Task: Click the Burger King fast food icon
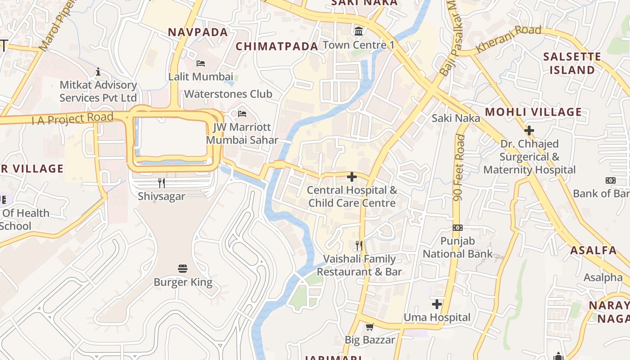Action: pyautogui.click(x=183, y=269)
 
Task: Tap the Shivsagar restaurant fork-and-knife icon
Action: pyautogui.click(x=162, y=183)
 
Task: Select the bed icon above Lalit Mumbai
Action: pyautogui.click(x=201, y=63)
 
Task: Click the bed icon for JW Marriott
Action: pyautogui.click(x=242, y=113)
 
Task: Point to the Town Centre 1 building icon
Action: pyautogui.click(x=359, y=31)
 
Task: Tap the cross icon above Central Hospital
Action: pyautogui.click(x=352, y=177)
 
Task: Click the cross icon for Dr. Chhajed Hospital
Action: pyautogui.click(x=529, y=131)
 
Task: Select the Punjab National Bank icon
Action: pyautogui.click(x=458, y=228)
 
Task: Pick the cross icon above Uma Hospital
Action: pyautogui.click(x=436, y=304)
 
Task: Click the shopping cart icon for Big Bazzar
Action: pyautogui.click(x=369, y=327)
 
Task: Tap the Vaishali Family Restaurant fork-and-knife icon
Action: pyautogui.click(x=359, y=245)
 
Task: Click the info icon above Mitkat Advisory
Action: pyautogui.click(x=98, y=72)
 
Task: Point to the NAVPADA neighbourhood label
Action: pyautogui.click(x=198, y=32)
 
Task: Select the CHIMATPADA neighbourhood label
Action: pyautogui.click(x=277, y=46)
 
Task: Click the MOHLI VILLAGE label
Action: pyautogui.click(x=533, y=112)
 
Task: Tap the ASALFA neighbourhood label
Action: pyautogui.click(x=593, y=251)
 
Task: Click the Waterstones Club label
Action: pyautogui.click(x=228, y=94)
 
